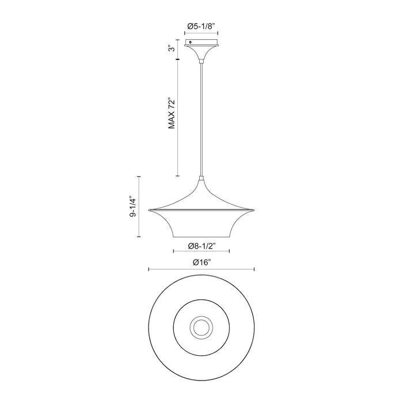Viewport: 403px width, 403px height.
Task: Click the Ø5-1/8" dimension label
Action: (201, 25)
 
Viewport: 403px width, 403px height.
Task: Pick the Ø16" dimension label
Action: (201, 263)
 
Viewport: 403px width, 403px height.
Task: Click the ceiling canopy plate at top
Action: (201, 43)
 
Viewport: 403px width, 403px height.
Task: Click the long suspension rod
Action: (201, 115)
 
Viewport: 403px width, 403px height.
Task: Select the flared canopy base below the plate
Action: (201, 52)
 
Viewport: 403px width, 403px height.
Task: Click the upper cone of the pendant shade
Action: (201, 196)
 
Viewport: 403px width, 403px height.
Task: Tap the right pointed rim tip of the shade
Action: (254, 209)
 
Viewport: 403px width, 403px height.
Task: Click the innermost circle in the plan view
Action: (201, 328)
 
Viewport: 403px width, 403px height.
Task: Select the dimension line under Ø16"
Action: (173, 269)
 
